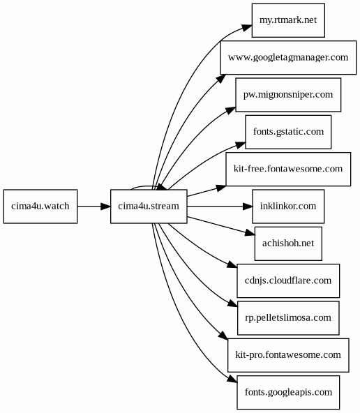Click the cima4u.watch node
pos(40,206)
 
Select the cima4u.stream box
pos(149,206)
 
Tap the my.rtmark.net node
pos(288,20)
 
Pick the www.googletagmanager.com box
pos(288,57)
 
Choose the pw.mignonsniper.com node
pos(288,95)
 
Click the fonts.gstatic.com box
pos(288,132)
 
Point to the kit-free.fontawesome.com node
pos(288,169)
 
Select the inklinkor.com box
pos(288,206)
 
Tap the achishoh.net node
pos(288,243)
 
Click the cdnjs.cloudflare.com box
pos(288,280)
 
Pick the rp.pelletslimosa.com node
pos(288,318)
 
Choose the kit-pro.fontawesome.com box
pos(288,355)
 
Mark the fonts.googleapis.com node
pos(288,393)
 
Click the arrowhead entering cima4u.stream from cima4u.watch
pos(106,206)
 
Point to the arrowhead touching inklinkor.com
pos(248,206)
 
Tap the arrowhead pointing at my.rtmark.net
pos(247,27)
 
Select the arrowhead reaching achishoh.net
pos(250,233)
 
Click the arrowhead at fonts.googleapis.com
pos(232,379)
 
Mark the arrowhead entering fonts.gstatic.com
pos(241,145)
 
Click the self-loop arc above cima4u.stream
pos(144,186)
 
